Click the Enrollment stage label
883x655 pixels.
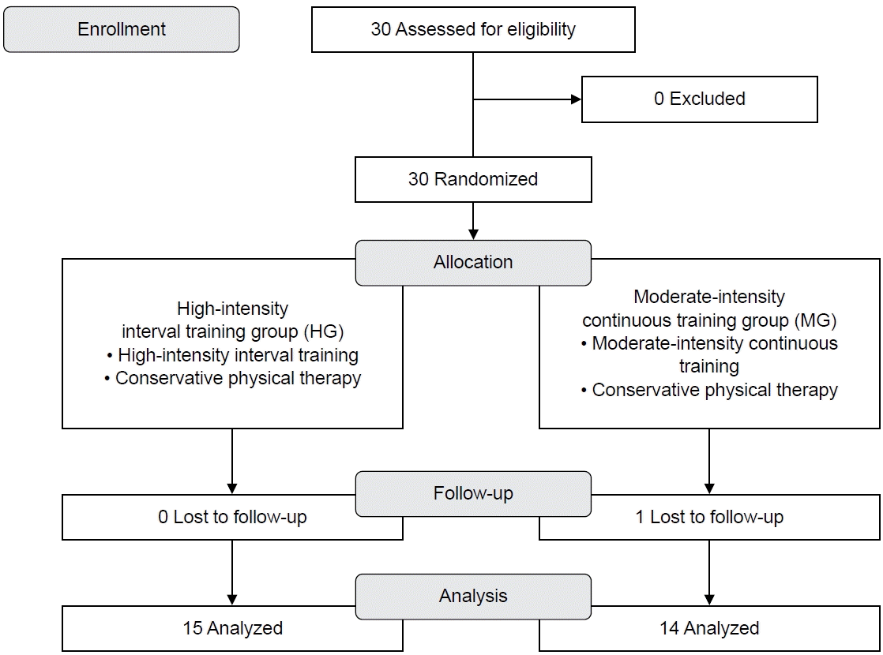pos(122,29)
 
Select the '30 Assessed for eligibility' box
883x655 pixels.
pos(473,29)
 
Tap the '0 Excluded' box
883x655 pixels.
pos(700,99)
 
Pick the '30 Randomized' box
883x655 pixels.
pos(473,179)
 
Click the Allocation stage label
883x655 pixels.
pos(473,262)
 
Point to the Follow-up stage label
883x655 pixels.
pos(473,493)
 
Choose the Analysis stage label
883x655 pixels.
pos(473,596)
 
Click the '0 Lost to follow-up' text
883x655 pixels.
pos(232,517)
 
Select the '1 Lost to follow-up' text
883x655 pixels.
pos(709,517)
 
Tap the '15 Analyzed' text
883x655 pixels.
pos(232,628)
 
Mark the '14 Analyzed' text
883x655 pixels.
pos(709,628)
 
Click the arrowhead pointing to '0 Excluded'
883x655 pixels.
pos(576,99)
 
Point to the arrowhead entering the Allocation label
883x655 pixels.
pos(473,234)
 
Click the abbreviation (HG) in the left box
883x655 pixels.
pos(323,331)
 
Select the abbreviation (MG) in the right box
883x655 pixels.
pos(815,320)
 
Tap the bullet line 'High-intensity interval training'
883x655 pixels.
pos(232,355)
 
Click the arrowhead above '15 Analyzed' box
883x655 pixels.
pos(232,601)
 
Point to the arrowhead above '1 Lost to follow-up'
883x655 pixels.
pos(709,489)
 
